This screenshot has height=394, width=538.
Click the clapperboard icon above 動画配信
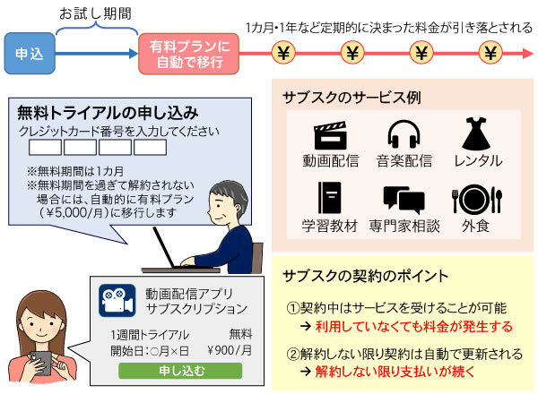[x=329, y=136]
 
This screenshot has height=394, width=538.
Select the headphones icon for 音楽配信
[x=403, y=136]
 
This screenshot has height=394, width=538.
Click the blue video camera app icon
[x=116, y=298]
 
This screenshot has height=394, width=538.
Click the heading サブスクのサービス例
[x=345, y=98]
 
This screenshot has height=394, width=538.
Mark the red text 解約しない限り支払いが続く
[x=400, y=369]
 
